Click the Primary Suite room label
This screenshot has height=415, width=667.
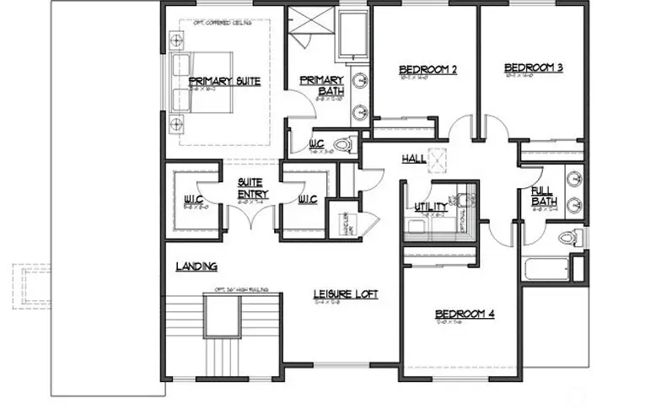(218, 81)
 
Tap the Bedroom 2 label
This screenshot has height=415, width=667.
(428, 70)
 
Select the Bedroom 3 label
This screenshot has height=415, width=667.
(534, 67)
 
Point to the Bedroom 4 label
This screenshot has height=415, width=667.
(465, 314)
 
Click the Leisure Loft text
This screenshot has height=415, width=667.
(346, 294)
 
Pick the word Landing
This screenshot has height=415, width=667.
(196, 267)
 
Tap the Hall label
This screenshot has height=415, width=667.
(414, 158)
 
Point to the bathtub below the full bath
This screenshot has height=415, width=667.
(547, 270)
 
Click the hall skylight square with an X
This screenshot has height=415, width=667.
(436, 158)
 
